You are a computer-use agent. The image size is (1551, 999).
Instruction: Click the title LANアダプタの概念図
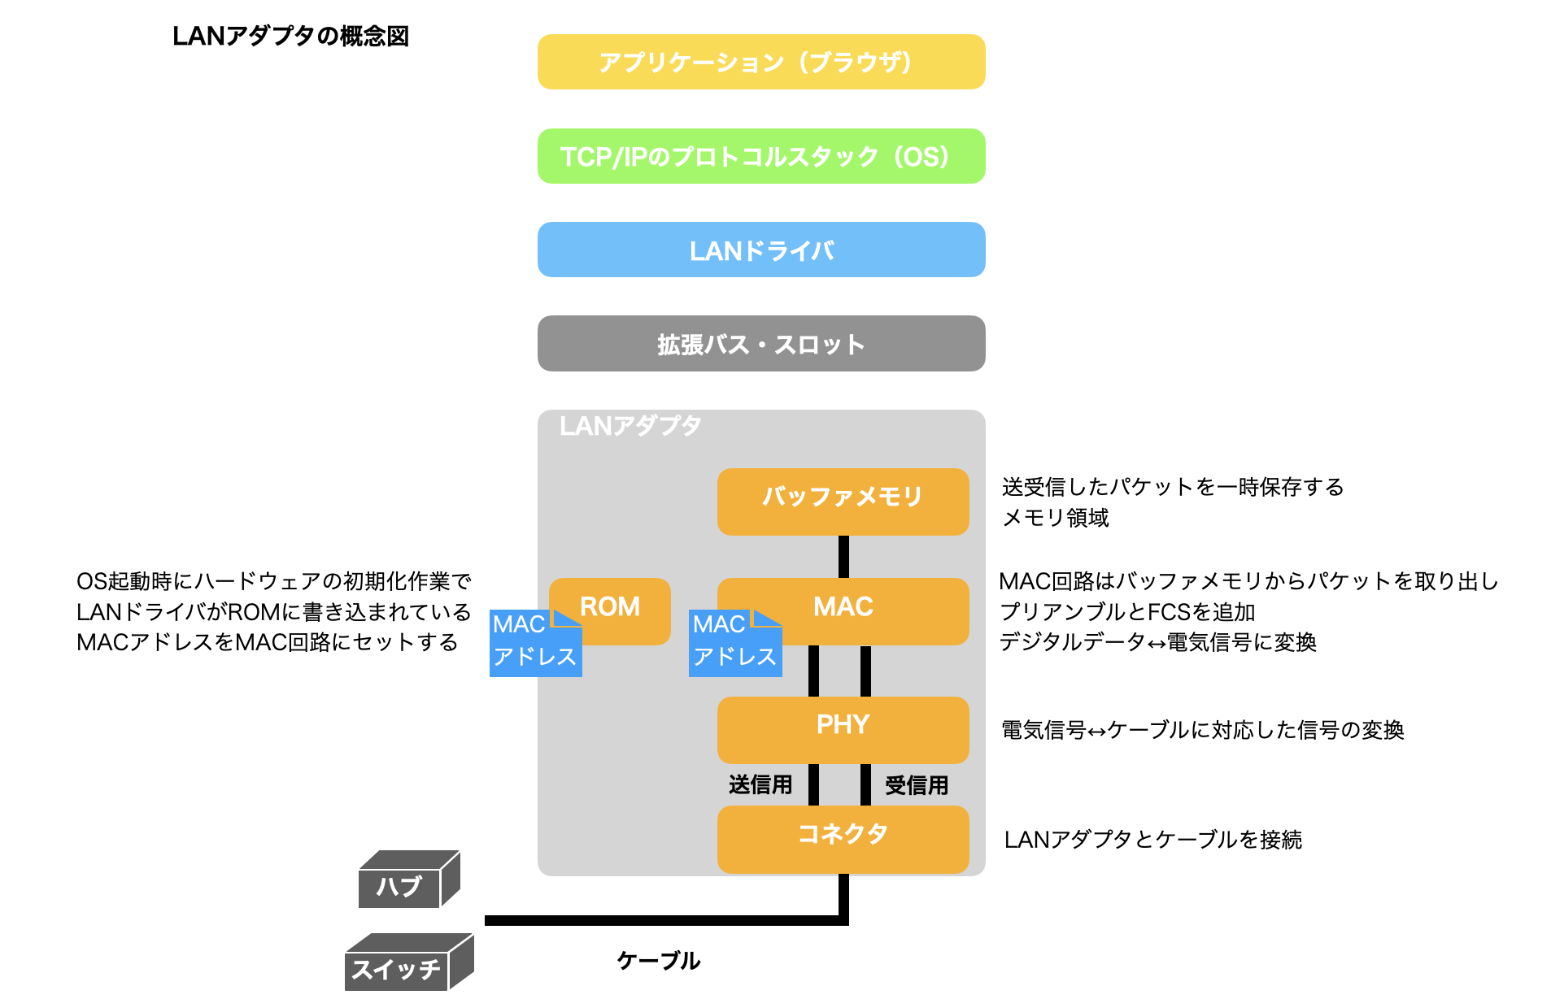pos(290,37)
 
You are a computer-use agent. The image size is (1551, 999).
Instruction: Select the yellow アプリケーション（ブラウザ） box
pos(760,62)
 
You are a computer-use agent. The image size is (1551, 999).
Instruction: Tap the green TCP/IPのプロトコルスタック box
pos(760,156)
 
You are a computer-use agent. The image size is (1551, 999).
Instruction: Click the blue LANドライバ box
pos(760,250)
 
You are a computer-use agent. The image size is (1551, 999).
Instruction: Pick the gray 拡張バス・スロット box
pos(760,344)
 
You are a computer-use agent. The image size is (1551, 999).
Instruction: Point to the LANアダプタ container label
pos(630,426)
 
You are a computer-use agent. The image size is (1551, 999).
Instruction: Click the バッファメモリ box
pos(843,501)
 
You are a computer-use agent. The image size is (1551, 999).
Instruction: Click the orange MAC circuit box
pos(870,610)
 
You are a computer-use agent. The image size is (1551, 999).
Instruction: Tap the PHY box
pos(843,729)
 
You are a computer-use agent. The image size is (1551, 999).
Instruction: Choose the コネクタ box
pos(843,838)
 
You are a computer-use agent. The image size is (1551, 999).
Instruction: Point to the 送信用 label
pos(760,784)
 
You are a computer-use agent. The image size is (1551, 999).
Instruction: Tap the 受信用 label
pos(917,785)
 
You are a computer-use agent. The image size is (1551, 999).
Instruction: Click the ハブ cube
pos(400,884)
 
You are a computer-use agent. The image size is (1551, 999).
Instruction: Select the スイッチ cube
pos(397,968)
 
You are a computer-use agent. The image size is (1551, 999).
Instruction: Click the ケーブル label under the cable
pos(658,961)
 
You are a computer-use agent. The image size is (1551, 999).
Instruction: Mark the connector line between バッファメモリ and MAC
pos(843,557)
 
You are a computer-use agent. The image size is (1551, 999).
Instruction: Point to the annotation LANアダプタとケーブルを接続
pos(1152,840)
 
